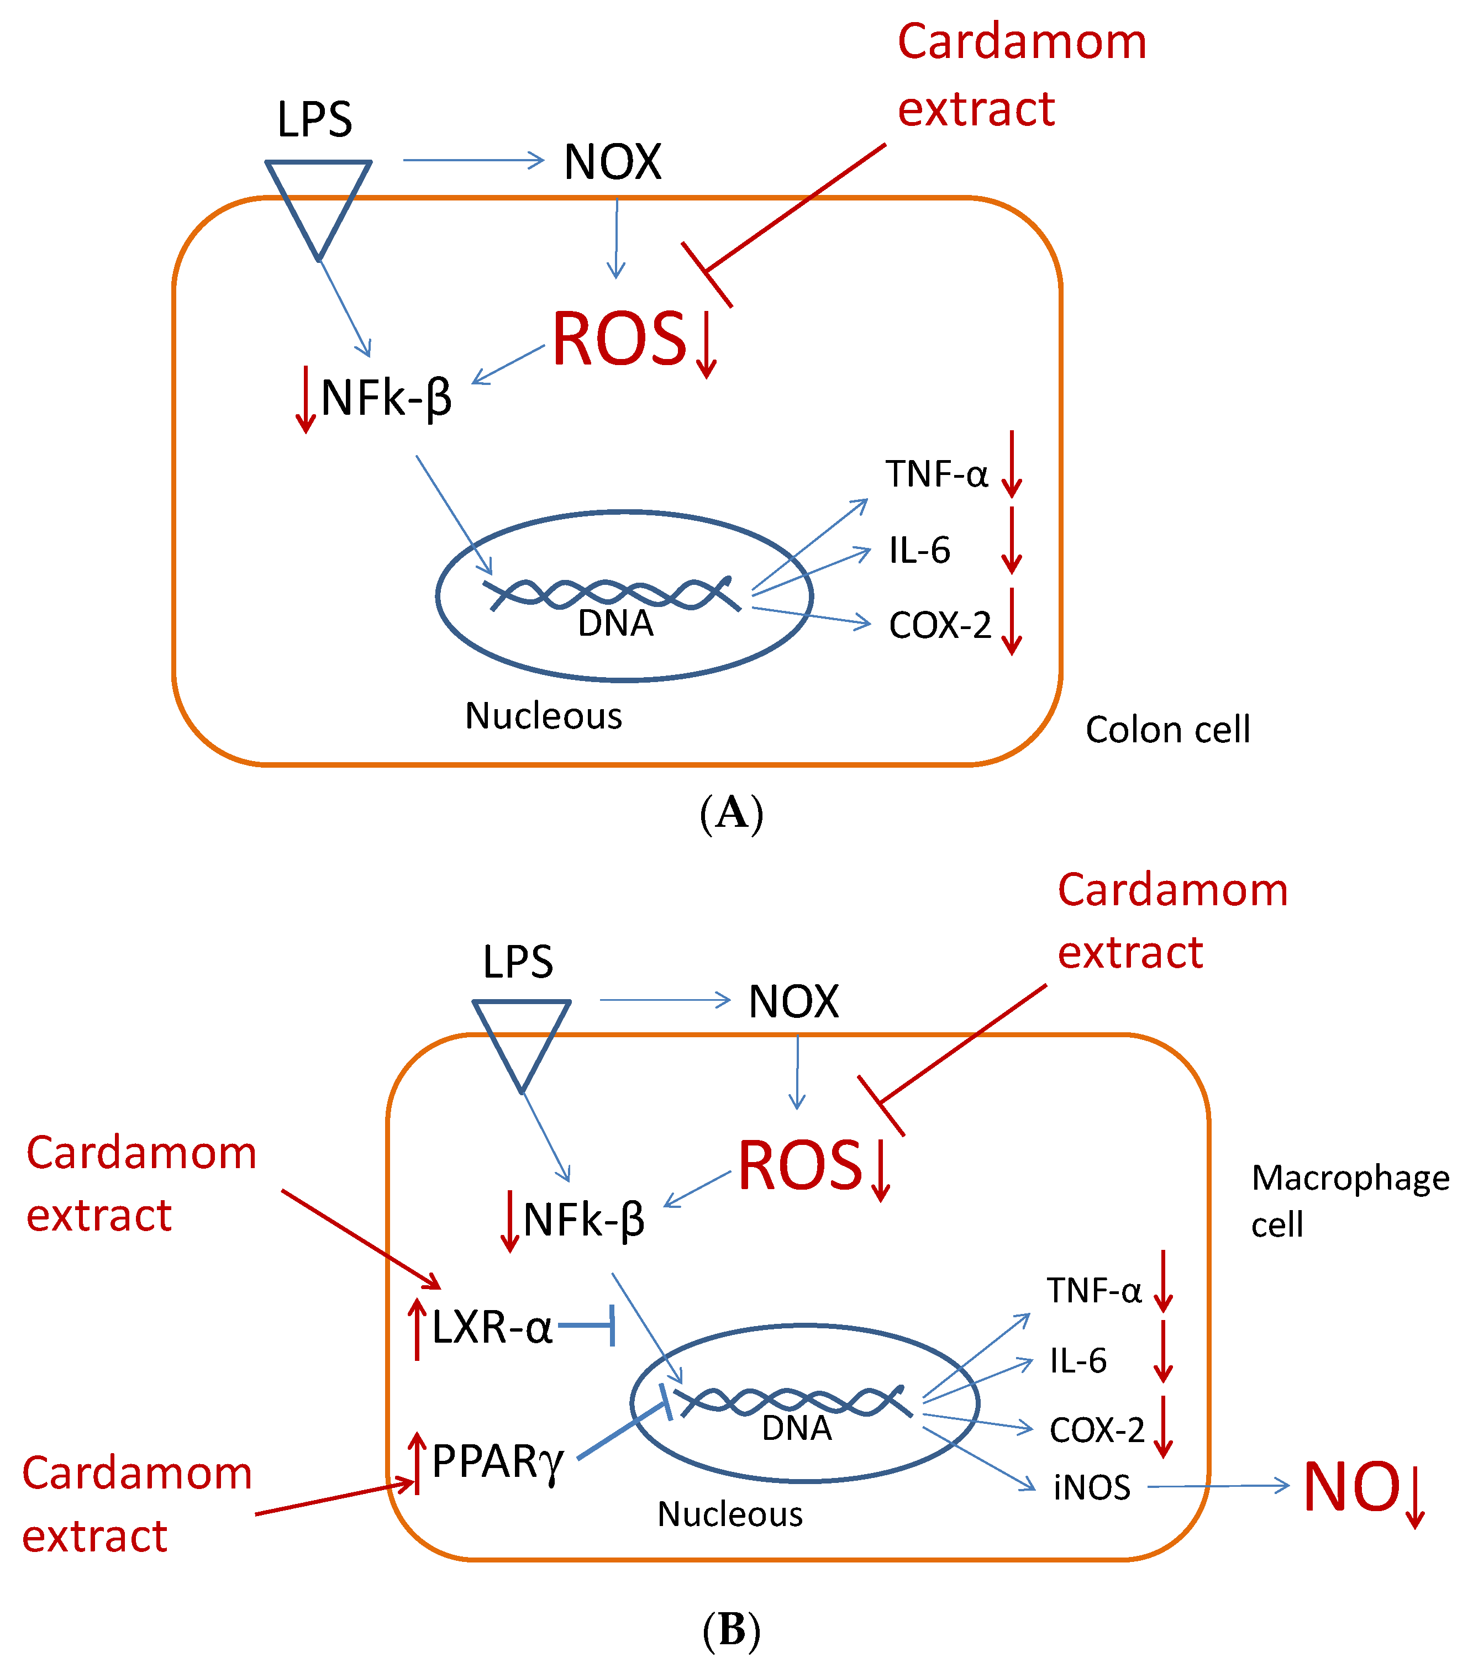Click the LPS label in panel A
coord(314,120)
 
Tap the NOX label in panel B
coord(793,1001)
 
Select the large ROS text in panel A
coord(620,339)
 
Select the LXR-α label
coord(492,1327)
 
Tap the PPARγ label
coord(497,1461)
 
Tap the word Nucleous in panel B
coord(729,1514)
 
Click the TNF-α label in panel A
coord(936,473)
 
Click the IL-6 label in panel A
coord(919,551)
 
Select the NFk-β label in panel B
coord(583,1219)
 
